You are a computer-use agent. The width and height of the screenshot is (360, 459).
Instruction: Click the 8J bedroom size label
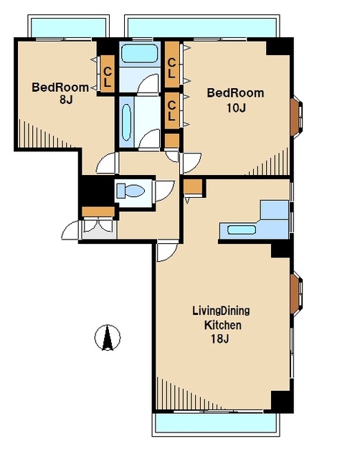[x=66, y=100]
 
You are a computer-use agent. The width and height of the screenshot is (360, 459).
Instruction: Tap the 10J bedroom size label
[x=236, y=108]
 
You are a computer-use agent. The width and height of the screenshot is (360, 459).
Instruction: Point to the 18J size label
[x=220, y=339]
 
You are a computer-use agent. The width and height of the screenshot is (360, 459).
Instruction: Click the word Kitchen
[x=223, y=325]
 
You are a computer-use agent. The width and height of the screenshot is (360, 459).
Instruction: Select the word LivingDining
[x=221, y=311]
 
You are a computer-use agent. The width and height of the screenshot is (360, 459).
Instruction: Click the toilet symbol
[x=131, y=191]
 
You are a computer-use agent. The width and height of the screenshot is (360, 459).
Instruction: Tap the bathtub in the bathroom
[x=140, y=53]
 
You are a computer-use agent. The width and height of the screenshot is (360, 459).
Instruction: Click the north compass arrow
[x=108, y=338]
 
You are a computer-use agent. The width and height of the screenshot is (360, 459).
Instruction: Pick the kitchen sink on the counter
[x=242, y=229]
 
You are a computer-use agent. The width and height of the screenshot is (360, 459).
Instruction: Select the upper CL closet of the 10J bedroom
[x=172, y=64]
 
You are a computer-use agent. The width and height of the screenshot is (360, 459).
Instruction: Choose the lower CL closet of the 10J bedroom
[x=172, y=110]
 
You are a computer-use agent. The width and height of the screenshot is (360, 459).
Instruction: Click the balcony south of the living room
[x=215, y=424]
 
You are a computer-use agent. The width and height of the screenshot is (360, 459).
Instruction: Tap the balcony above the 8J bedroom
[x=68, y=27]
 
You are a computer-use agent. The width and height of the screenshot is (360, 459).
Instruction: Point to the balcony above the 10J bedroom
[x=202, y=27]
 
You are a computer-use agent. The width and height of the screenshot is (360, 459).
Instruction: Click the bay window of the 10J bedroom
[x=296, y=117]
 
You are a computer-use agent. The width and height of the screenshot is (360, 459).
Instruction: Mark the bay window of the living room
[x=296, y=293]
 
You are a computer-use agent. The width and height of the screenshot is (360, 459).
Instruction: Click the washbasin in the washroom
[x=126, y=122]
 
